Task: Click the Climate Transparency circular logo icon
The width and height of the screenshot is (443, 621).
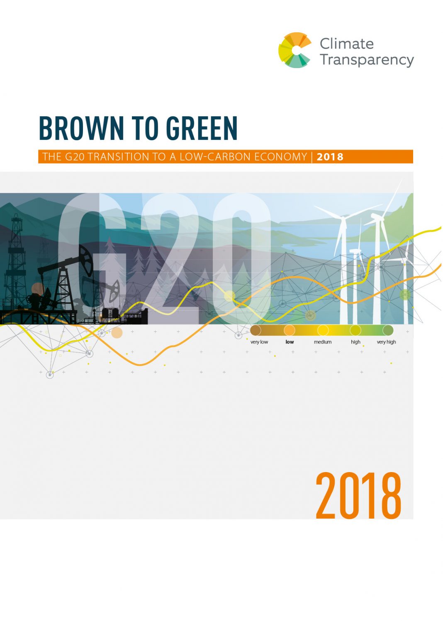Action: coord(295,50)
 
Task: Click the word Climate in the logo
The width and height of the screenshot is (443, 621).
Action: coord(346,44)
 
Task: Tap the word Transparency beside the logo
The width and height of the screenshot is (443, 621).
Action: coord(366,60)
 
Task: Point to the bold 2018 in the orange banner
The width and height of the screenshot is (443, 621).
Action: coord(330,157)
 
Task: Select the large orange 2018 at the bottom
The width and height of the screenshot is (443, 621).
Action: coord(358,496)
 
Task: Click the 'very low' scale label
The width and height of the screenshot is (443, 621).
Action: coord(259,342)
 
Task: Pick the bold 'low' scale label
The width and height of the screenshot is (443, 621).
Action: coord(290,342)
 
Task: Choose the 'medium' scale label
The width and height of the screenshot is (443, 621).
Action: coord(322,342)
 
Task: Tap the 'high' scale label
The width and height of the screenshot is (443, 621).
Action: coord(355,342)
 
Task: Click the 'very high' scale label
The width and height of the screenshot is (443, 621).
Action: coord(386,342)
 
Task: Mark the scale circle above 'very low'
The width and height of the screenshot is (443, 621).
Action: coord(256,330)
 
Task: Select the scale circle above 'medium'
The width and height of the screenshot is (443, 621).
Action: coord(323,330)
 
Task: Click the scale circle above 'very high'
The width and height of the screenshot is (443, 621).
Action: coord(388,330)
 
